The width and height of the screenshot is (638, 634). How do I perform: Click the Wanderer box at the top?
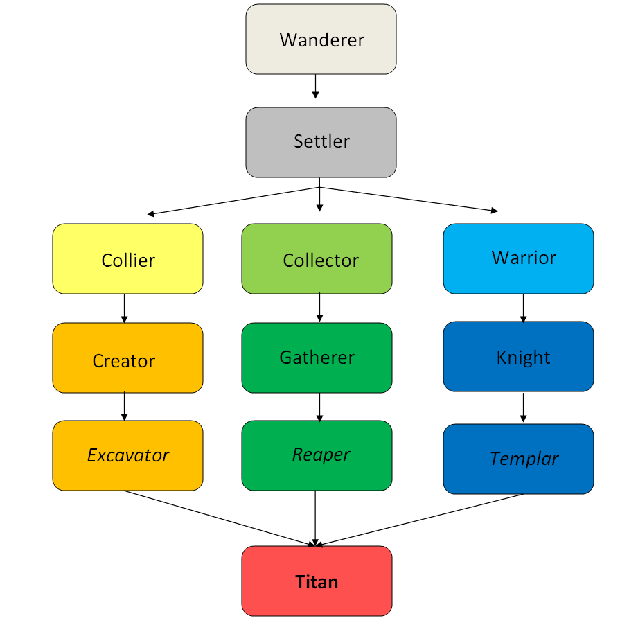coord(321,39)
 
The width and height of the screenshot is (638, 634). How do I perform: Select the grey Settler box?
coord(321,142)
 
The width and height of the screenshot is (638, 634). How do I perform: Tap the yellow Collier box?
coord(127,259)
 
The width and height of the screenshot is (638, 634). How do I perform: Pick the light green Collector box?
coord(317,259)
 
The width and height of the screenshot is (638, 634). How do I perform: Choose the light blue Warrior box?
coord(518,258)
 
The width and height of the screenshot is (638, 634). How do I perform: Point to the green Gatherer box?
coord(317,358)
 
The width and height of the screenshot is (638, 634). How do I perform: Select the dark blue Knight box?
coord(518,357)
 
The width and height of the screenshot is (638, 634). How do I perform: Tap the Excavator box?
coord(127,455)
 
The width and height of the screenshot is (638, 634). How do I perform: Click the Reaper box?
coord(317,455)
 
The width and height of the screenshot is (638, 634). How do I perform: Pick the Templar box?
coord(518,459)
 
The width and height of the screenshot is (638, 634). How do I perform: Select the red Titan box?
coord(317,581)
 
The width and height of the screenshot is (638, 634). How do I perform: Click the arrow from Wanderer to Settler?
coord(316,86)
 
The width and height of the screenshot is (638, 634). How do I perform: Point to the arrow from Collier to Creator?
coord(125,308)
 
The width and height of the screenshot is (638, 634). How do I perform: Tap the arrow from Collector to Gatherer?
coord(319,308)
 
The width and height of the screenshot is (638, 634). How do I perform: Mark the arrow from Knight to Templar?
coord(523,407)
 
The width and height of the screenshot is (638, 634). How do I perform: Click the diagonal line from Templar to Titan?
coord(423,520)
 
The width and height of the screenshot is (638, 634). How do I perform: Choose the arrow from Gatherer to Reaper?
coord(319,407)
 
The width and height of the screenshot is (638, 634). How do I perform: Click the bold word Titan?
coord(317,581)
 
